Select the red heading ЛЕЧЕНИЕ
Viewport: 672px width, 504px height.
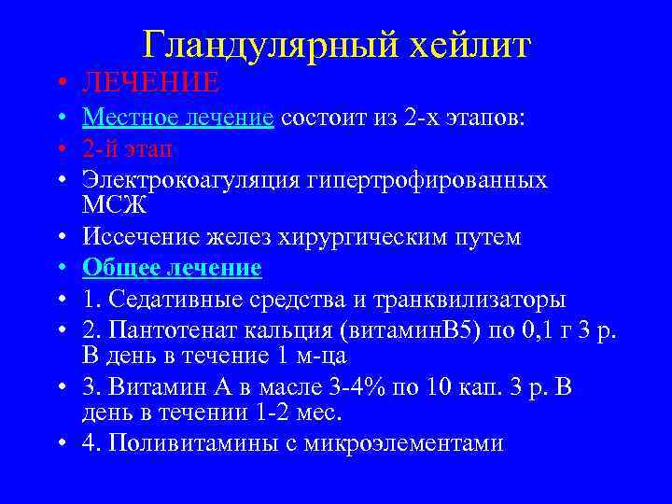[x=150, y=84]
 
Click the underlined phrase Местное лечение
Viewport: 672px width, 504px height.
[x=177, y=118]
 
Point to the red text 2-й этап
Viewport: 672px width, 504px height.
[x=127, y=148]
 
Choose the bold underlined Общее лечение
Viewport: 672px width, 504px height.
[x=172, y=269]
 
